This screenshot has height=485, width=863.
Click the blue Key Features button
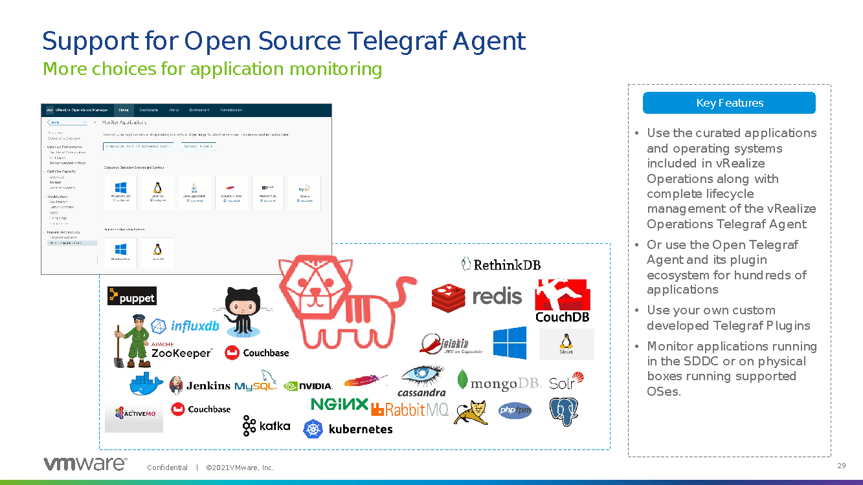pyautogui.click(x=729, y=103)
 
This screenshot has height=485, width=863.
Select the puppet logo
pyautogui.click(x=132, y=296)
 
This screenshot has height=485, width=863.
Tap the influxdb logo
pyautogui.click(x=185, y=326)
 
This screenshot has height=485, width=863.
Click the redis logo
pyautogui.click(x=476, y=296)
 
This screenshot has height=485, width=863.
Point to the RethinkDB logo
pyautogui.click(x=500, y=264)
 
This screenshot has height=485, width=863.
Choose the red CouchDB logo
pyautogui.click(x=561, y=301)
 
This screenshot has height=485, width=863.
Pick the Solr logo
pyautogui.click(x=566, y=382)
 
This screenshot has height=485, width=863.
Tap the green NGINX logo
pyautogui.click(x=339, y=404)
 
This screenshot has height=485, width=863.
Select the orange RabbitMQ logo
pyautogui.click(x=410, y=409)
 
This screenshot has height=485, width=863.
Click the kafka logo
pyautogui.click(x=266, y=426)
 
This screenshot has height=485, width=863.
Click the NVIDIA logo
pyautogui.click(x=308, y=386)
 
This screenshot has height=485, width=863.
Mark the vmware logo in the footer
pyautogui.click(x=85, y=464)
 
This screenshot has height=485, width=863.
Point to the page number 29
pyautogui.click(x=842, y=466)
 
